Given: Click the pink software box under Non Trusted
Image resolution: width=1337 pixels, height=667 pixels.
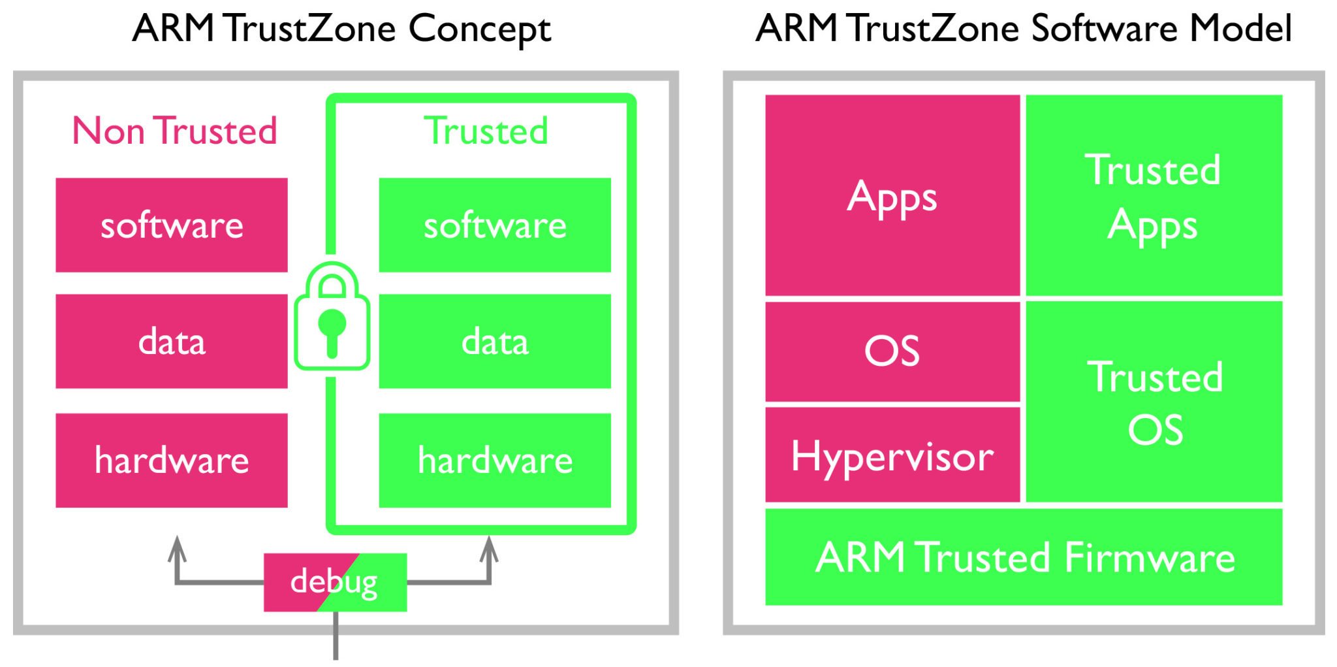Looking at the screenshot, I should tap(171, 225).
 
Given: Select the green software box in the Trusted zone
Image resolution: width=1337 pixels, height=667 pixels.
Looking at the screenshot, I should tap(494, 225).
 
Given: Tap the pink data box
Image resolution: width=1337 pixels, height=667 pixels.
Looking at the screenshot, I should tap(171, 341).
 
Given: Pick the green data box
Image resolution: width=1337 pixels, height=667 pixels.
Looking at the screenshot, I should tap(494, 341).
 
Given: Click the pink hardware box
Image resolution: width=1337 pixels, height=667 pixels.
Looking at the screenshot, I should tap(171, 460).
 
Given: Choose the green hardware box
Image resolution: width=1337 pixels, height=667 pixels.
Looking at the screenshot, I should tap(494, 460).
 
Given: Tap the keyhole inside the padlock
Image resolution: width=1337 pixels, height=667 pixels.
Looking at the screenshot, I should tap(332, 329).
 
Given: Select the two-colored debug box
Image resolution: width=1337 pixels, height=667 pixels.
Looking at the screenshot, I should tap(335, 582).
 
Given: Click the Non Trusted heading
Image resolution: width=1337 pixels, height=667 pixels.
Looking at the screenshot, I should tap(174, 131).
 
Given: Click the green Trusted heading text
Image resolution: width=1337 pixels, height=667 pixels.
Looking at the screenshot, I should tap(486, 131).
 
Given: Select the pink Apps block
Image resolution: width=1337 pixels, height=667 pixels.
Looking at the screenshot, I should tap(892, 195).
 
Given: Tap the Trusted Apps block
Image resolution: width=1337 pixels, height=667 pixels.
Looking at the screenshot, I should tap(1154, 195).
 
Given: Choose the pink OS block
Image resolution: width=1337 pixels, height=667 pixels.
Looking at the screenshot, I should tap(892, 351).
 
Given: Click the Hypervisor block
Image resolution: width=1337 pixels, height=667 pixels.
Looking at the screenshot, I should tap(892, 455).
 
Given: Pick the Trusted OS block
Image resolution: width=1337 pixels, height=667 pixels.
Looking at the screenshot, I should tap(1154, 402).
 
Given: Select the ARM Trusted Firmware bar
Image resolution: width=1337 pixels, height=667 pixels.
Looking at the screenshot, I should tap(1024, 557).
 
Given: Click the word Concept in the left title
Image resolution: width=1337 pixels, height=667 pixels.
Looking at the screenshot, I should tap(479, 29).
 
